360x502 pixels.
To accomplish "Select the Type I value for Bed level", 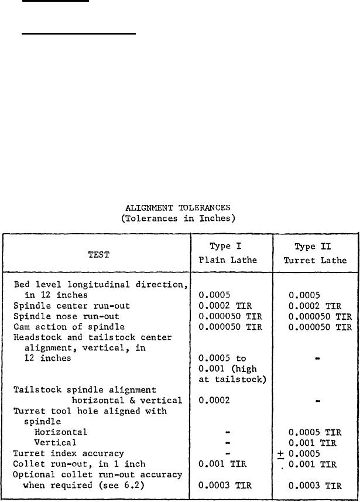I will point(212,295).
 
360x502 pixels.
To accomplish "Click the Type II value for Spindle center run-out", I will point(314,305).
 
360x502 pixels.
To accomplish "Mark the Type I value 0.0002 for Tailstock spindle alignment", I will point(212,400).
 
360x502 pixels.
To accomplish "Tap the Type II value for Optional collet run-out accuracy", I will point(314,485).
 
